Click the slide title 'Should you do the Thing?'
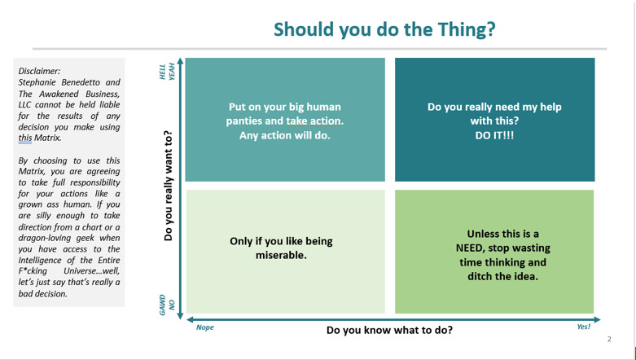(384, 29)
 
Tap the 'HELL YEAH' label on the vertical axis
(167, 72)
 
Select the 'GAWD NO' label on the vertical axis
(167, 305)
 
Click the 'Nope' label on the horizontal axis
(205, 327)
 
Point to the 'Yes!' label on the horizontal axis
(584, 327)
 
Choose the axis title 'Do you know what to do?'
(389, 330)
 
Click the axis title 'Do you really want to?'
(169, 186)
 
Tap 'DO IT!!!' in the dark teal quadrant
(494, 135)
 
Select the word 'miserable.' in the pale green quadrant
(281, 255)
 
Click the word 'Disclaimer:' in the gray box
(39, 71)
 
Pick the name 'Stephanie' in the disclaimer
(37, 82)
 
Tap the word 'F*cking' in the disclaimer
(33, 270)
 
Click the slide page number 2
(609, 340)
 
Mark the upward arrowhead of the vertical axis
(181, 61)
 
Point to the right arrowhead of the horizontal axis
(596, 319)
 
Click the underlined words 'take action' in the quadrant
(314, 121)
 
